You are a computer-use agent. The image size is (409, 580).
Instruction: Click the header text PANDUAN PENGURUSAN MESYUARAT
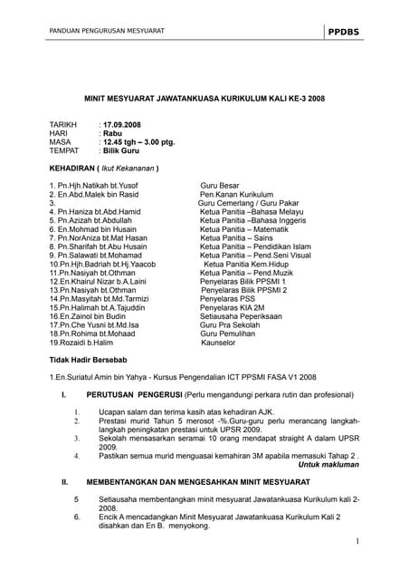tap(100, 32)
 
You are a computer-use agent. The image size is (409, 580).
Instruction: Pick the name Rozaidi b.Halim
tap(81, 343)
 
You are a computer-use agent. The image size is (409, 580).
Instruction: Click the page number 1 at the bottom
tap(357, 542)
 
